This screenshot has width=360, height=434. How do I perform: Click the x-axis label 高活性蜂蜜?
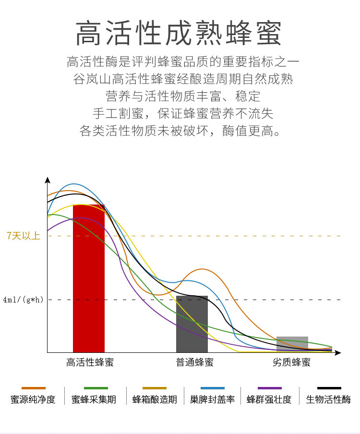(90, 362)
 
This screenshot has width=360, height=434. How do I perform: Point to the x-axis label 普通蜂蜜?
(194, 362)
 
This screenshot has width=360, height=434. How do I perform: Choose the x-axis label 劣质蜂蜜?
(291, 362)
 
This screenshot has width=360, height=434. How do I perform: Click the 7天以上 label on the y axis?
(23, 236)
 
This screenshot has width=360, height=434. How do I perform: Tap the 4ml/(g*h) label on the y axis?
(23, 300)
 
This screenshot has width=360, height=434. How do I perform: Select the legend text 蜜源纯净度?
(33, 399)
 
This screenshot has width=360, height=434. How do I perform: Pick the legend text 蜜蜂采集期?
(94, 399)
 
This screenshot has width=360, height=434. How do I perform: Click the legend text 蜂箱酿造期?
(155, 399)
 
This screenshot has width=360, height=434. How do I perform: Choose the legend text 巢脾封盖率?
(212, 399)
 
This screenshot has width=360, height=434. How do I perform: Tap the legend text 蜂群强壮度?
(269, 399)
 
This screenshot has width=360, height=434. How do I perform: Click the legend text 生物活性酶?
(328, 399)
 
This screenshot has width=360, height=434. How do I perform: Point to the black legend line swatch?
(329, 388)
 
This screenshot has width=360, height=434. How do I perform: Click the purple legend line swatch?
(269, 388)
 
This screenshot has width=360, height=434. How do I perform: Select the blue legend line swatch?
(212, 388)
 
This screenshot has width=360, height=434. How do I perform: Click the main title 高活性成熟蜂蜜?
(179, 34)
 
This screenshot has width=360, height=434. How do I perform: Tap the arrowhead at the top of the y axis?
(47, 180)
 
